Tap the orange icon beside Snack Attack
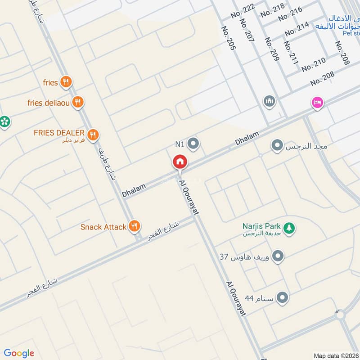[134, 226]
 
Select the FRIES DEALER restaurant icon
[93, 134]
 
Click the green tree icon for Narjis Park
[290, 228]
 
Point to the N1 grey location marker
[194, 144]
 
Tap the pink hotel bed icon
[317, 103]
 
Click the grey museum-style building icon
[269, 101]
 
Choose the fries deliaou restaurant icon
[78, 103]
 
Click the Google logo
[19, 353]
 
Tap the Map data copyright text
[336, 355]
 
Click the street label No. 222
[243, 10]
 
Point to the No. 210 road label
[314, 65]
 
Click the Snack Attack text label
[103, 227]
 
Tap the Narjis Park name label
[261, 226]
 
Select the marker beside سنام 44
[283, 298]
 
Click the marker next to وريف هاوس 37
[279, 256]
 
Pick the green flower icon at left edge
[4, 121]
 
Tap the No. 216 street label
[290, 14]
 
